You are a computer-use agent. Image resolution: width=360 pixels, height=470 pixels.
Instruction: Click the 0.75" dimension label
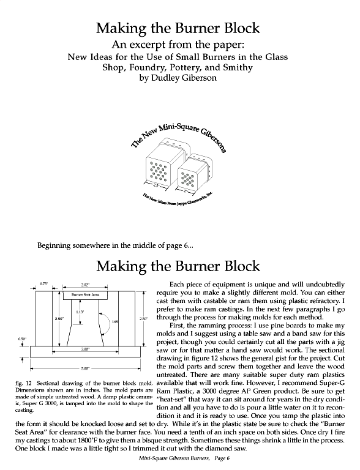(x=44, y=284)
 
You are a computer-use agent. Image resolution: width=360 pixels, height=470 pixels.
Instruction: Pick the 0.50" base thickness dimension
(x=22, y=338)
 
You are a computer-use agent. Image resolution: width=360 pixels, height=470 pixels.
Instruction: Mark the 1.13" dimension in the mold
(x=80, y=311)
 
